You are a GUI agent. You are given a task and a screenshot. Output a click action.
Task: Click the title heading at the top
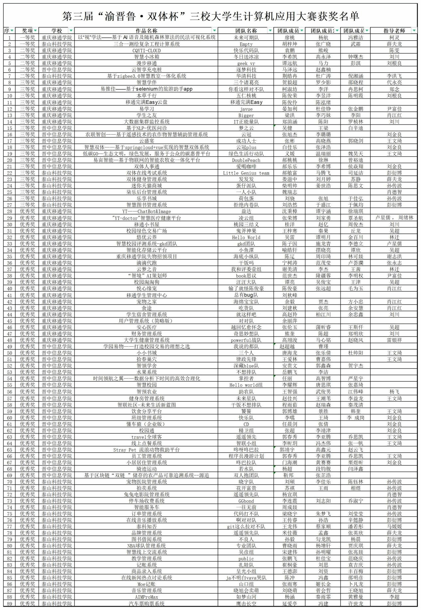pyautogui.click(x=210, y=16)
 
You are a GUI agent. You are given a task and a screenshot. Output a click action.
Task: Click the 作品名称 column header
pyautogui.click(x=146, y=31)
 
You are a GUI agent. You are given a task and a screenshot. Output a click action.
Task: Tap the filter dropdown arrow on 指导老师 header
pyautogui.click(x=414, y=31)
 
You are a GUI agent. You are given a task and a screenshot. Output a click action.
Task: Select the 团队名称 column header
pyautogui.click(x=246, y=31)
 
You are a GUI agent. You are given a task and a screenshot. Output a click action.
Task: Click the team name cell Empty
pyautogui.click(x=246, y=44)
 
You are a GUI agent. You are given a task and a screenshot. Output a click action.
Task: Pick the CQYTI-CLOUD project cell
pyautogui.click(x=146, y=51)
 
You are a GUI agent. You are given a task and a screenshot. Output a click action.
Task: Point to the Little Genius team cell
pyautogui.click(x=246, y=173)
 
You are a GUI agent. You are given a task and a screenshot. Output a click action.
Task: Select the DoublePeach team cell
pyautogui.click(x=246, y=160)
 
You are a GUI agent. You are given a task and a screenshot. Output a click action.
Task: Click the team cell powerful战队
pyautogui.click(x=246, y=340)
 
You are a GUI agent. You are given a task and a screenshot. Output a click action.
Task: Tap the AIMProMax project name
pyautogui.click(x=146, y=597)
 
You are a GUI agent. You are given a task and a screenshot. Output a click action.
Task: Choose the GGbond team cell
pyautogui.click(x=246, y=501)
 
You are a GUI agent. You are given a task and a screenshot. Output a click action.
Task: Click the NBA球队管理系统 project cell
pyautogui.click(x=146, y=546)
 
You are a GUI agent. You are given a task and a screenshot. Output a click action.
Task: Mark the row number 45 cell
pyautogui.click(x=9, y=321)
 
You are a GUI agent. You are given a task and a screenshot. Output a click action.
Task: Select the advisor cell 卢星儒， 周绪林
pyautogui.click(x=394, y=218)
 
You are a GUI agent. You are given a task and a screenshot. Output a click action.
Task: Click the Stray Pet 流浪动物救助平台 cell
pyautogui.click(x=146, y=450)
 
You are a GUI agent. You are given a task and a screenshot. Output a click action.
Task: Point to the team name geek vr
pyautogui.click(x=246, y=63)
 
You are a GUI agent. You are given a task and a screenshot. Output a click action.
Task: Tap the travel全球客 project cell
pyautogui.click(x=146, y=437)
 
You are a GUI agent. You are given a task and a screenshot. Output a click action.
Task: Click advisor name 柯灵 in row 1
pyautogui.click(x=394, y=38)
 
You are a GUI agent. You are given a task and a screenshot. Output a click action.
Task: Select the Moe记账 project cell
pyautogui.click(x=146, y=584)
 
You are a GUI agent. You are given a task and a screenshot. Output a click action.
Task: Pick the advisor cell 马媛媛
pyautogui.click(x=394, y=526)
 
